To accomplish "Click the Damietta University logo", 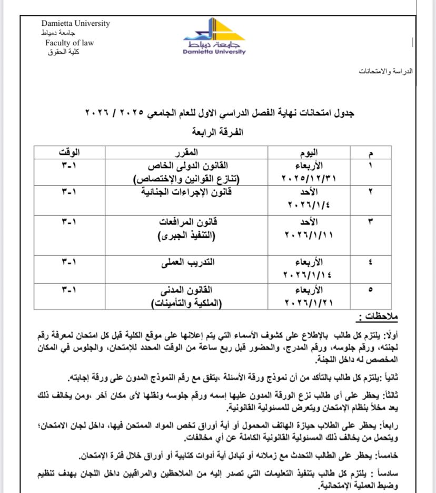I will [214, 37].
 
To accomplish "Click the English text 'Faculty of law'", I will [70, 43].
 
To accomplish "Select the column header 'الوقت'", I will [69, 153].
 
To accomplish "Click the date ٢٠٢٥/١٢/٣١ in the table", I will [309, 179].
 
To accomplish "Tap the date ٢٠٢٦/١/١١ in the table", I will [309, 235].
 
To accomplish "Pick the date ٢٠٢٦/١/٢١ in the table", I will [309, 303].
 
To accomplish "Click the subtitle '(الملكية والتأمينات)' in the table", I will [186, 303].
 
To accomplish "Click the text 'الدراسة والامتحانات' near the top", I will [386, 71].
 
